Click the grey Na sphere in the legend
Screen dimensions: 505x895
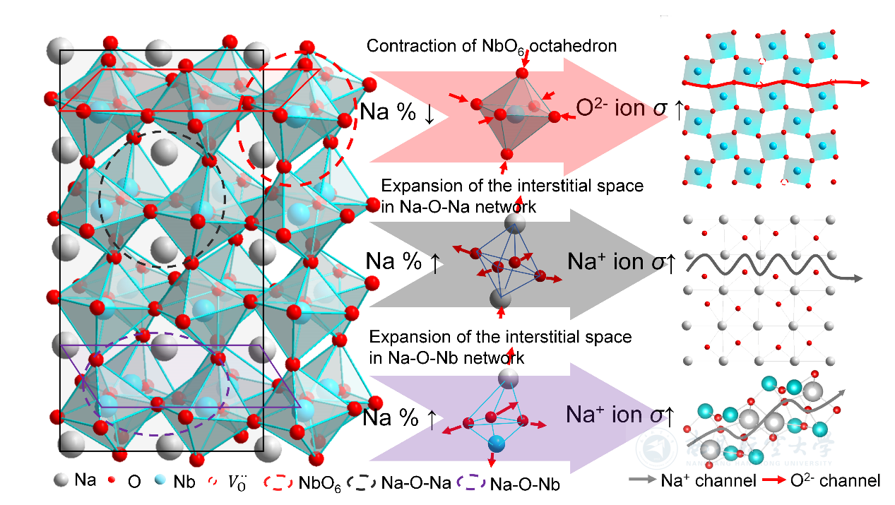pos(61,481)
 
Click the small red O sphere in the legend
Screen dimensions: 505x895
pos(112,481)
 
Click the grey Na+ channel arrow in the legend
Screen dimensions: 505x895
pos(642,480)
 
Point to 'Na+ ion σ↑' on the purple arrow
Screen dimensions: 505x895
pos(620,414)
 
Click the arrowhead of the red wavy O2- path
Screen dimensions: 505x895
pos(864,83)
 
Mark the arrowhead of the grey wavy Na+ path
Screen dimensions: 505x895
pos(857,278)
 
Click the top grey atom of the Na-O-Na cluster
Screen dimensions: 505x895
pos(515,224)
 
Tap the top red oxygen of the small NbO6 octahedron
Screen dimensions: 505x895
pos(523,73)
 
